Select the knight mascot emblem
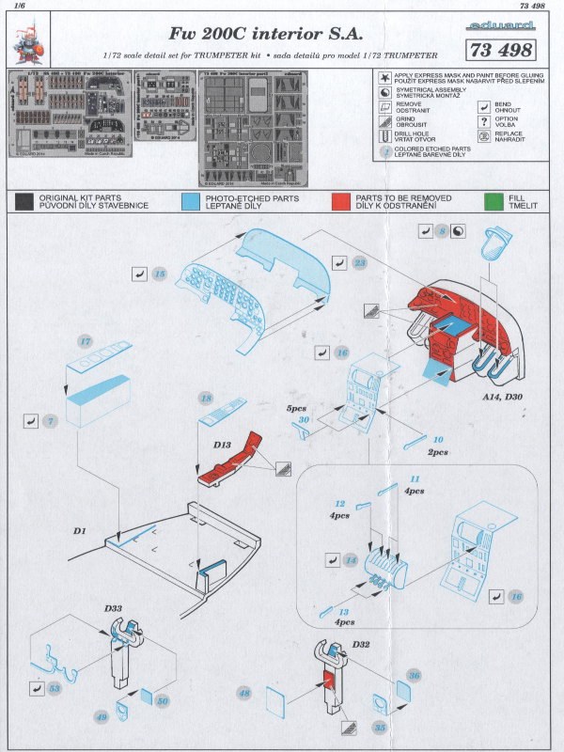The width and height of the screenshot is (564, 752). [x=28, y=37]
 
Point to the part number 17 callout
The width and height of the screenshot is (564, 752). [x=86, y=341]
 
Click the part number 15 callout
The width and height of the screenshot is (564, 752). [x=159, y=274]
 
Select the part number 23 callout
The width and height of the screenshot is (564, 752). [x=360, y=264]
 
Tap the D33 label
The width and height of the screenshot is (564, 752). [x=114, y=610]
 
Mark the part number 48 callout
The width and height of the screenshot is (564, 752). [x=244, y=693]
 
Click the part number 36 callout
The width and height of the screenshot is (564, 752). [x=414, y=674]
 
